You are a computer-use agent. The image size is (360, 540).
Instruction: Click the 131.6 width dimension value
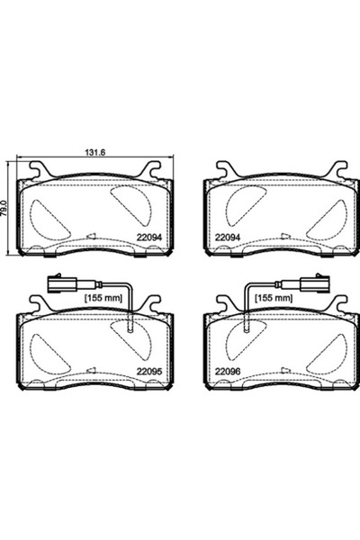point(94,152)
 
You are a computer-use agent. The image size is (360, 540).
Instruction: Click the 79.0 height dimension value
point(4,208)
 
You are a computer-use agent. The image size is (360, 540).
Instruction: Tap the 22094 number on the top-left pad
point(149,238)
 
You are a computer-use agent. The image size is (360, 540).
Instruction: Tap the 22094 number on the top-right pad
point(228,238)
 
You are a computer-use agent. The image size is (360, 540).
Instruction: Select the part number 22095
point(149,372)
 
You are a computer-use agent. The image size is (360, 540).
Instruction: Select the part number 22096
point(228,372)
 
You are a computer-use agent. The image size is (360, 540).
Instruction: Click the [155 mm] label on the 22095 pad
point(103,298)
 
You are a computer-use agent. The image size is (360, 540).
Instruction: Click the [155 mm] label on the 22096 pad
point(274,298)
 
